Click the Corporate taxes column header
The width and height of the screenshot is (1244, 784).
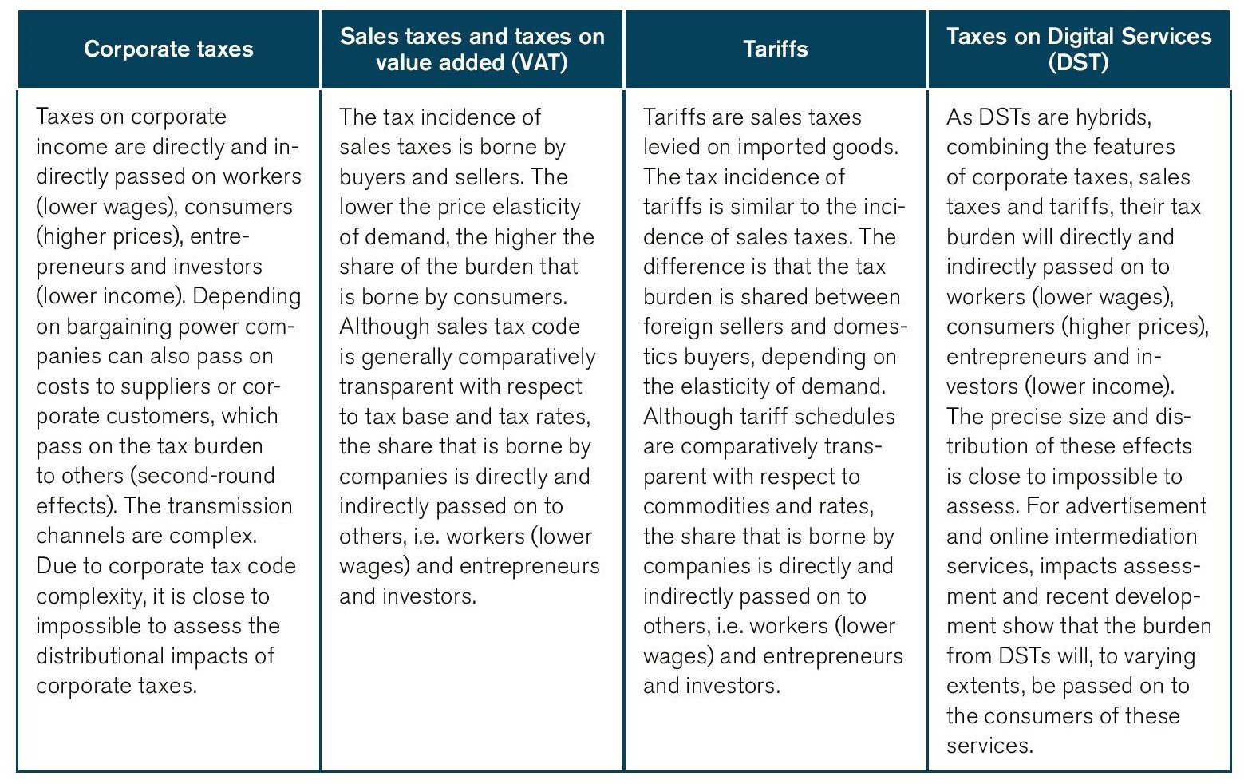coord(168,49)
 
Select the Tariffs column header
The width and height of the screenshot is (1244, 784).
coord(775,49)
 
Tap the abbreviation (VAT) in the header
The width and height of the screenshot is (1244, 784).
coord(539,62)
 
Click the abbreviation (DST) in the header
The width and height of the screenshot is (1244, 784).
coord(1079,62)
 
